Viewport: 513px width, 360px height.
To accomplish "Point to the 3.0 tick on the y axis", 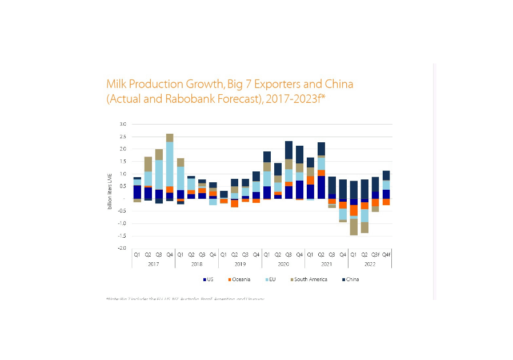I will [x=122, y=124].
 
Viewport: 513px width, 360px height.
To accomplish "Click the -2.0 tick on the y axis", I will [x=122, y=248].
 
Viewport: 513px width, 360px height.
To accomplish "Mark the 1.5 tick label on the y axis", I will [x=122, y=161].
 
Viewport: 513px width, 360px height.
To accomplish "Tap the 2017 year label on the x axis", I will [x=153, y=264].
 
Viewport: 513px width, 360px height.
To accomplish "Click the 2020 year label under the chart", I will [x=283, y=264].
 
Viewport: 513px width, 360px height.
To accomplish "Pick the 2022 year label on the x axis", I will [x=370, y=264].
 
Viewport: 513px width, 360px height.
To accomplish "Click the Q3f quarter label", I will [x=375, y=254].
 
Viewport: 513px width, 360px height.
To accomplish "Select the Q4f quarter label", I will [x=386, y=254].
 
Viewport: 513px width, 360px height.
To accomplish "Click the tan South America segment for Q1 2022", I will [x=354, y=227].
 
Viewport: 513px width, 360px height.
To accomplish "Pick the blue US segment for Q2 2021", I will [x=322, y=187].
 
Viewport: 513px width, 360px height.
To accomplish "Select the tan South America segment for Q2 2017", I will [x=148, y=164].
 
